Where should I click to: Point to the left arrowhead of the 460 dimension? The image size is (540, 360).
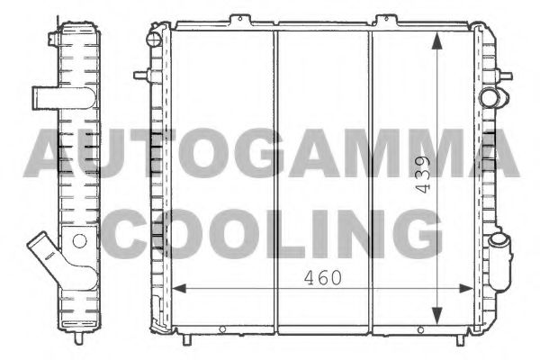tap(177, 288)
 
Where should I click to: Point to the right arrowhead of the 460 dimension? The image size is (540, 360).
tap(470, 288)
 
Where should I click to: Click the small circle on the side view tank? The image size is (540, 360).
tap(78, 240)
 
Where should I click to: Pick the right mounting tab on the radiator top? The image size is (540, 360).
tap(386, 20)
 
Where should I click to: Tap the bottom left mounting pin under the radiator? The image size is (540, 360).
tap(186, 339)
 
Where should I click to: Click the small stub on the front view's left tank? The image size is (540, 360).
tap(157, 40)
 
